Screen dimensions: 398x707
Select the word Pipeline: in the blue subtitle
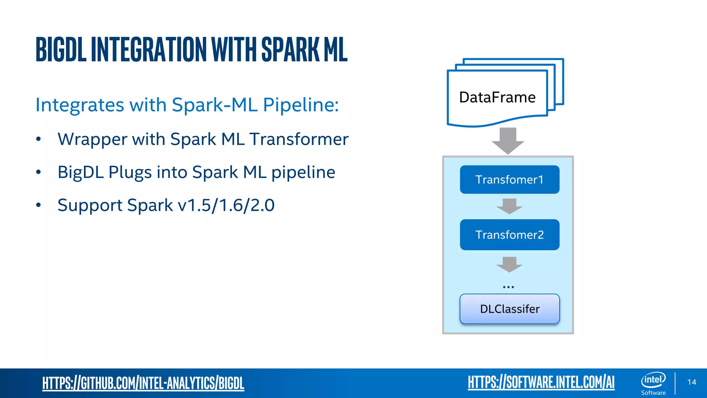pos(301,105)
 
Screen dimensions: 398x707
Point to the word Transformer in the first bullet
pos(299,139)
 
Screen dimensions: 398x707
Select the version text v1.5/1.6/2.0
pos(226,205)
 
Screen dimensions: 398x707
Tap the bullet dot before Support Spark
pos(38,205)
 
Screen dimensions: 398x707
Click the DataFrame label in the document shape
pos(497,97)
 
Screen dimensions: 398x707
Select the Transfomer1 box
pos(510,180)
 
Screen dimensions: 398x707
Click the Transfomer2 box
pos(510,235)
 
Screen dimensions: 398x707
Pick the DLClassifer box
pos(510,309)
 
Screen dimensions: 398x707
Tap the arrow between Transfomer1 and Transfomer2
pos(510,206)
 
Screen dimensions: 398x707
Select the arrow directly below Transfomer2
pos(510,264)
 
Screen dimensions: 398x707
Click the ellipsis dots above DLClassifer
pos(509,287)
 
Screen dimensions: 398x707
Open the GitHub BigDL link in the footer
pos(143,383)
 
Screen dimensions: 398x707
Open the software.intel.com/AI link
pos(541,382)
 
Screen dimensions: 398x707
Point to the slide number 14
pos(691,382)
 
